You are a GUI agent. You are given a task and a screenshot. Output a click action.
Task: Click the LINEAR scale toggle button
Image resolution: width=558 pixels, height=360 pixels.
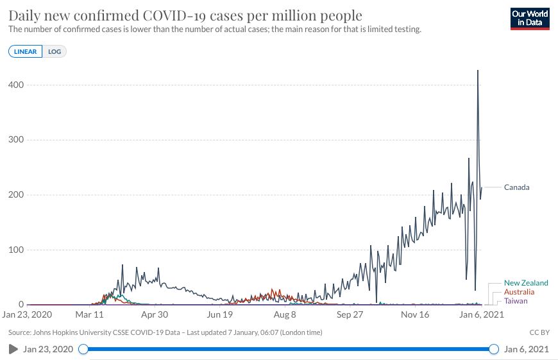(26, 51)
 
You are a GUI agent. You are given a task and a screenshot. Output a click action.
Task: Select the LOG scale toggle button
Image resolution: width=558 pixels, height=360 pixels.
(55, 51)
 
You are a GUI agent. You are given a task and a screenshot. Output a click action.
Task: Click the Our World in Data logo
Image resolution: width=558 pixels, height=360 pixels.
(530, 19)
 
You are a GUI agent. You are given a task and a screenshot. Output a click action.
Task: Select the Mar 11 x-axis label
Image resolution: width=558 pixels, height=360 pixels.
(89, 315)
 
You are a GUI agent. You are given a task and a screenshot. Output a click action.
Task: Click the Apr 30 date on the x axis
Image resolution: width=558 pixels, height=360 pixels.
(154, 315)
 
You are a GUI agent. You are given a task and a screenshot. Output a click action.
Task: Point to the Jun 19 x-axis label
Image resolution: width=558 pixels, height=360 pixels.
(219, 315)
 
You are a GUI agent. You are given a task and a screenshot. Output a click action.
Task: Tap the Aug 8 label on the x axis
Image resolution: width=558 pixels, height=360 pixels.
(285, 315)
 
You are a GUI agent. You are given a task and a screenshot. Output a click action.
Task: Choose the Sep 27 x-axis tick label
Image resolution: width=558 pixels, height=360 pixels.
(350, 315)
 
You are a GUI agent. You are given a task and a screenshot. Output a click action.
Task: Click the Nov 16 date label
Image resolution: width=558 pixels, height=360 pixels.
(415, 315)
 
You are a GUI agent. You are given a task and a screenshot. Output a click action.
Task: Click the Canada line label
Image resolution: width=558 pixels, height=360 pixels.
(516, 187)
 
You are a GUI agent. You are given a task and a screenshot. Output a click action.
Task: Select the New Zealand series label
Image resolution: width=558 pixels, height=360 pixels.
(526, 283)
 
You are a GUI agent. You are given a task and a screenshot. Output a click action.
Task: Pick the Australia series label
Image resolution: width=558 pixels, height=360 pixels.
(519, 292)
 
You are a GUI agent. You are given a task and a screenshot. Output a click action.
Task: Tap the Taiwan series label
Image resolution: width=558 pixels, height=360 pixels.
(516, 301)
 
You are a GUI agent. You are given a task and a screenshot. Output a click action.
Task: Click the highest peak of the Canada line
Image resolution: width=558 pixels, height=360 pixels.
(477, 71)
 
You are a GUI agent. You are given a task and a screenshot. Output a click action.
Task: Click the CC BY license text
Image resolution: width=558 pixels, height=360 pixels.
(539, 332)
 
